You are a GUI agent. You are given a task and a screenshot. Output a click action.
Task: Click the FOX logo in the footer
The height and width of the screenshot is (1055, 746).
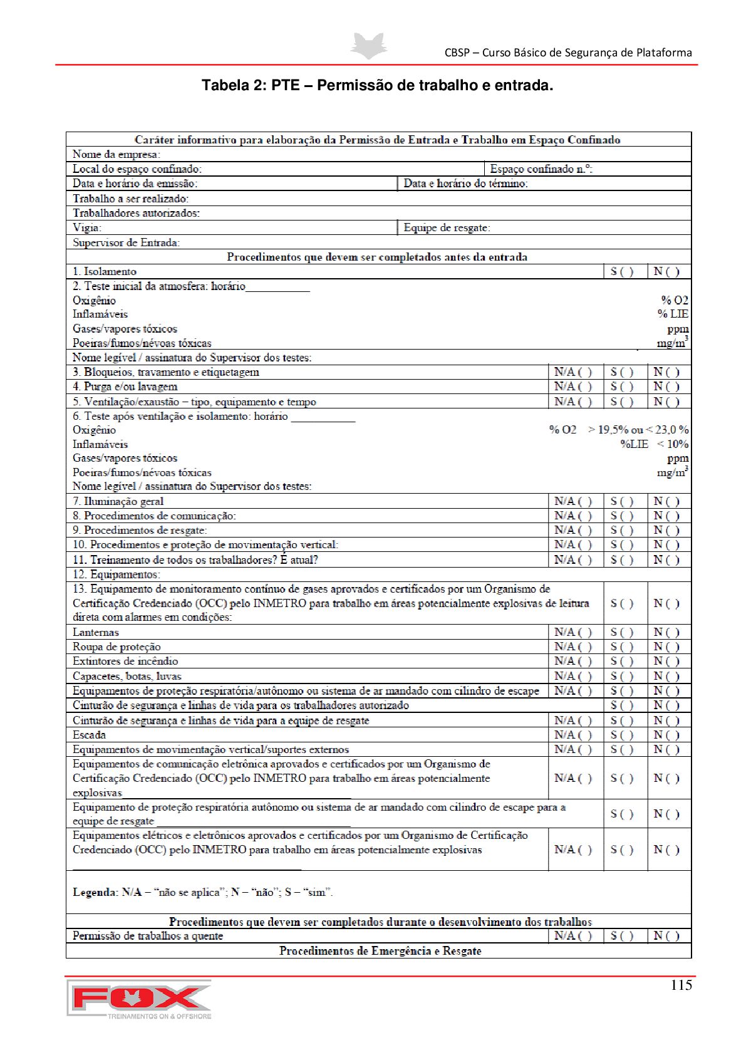(139, 999)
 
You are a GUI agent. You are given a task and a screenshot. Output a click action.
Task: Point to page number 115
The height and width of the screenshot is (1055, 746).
(681, 985)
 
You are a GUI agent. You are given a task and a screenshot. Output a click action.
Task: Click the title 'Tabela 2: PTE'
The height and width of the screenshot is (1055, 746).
(377, 85)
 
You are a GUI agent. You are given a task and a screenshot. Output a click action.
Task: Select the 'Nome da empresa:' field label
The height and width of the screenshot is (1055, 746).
(117, 154)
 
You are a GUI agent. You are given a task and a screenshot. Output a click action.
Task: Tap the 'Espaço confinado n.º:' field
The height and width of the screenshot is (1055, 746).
(541, 169)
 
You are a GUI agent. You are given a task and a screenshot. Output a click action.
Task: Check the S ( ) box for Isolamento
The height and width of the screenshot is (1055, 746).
(622, 271)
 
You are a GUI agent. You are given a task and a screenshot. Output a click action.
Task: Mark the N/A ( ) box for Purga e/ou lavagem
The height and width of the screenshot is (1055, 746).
(573, 387)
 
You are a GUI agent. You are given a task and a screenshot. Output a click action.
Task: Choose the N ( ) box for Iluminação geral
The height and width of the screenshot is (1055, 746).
(666, 501)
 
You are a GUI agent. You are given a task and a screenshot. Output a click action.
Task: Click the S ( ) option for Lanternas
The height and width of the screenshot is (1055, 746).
(622, 632)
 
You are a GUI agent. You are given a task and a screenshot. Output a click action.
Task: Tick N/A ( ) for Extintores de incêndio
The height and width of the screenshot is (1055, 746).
(573, 661)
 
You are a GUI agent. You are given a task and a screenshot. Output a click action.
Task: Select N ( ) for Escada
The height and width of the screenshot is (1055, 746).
(666, 735)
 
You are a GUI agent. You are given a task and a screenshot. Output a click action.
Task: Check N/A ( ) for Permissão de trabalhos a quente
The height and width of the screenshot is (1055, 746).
(573, 935)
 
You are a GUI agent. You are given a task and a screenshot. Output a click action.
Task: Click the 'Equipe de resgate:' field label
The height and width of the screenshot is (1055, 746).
(447, 227)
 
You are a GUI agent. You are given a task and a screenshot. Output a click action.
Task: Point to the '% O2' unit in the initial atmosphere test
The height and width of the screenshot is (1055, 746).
(675, 300)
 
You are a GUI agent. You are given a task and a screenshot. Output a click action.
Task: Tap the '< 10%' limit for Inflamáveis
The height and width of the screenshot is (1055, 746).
(673, 444)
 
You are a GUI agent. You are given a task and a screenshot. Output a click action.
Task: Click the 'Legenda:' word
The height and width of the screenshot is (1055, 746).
(95, 892)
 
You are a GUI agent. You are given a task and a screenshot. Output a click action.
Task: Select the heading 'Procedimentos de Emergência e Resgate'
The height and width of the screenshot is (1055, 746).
(380, 951)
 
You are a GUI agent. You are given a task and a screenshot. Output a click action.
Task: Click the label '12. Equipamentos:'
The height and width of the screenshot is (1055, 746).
(117, 574)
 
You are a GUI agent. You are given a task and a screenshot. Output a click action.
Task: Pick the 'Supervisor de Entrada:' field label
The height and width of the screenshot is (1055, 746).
(127, 242)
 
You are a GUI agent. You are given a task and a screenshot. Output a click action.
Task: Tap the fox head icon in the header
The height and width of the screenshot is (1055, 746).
(368, 46)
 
